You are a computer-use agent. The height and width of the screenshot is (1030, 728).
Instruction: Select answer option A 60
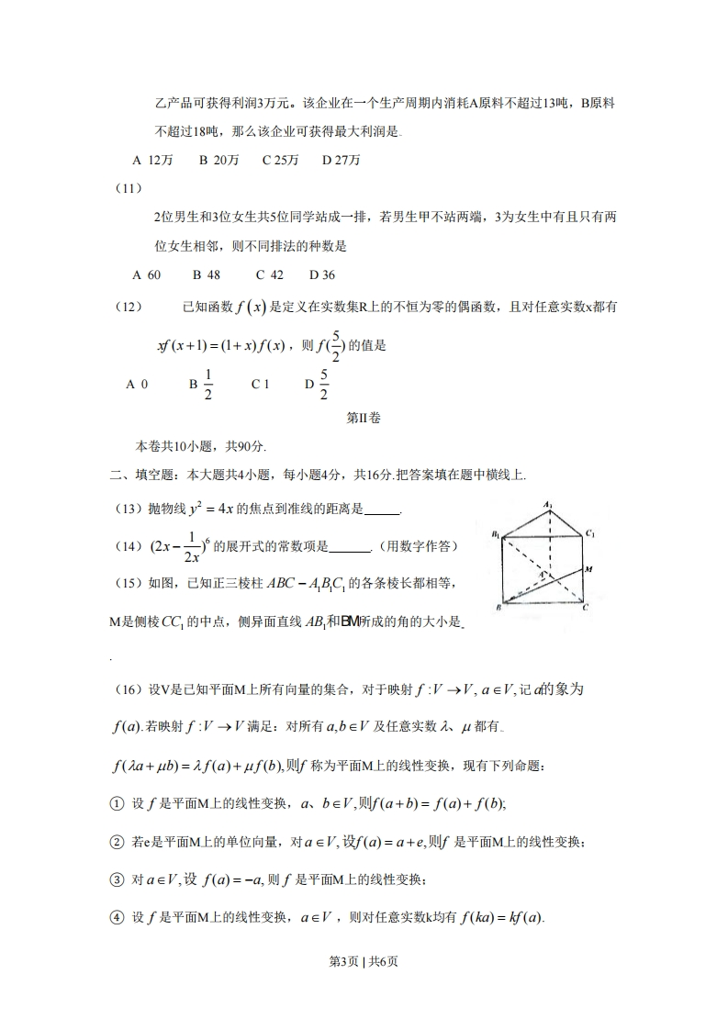(x=146, y=274)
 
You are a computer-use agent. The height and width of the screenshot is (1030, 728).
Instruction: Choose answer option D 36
(x=321, y=274)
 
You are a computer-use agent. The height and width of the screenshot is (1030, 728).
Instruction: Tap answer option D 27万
(x=341, y=160)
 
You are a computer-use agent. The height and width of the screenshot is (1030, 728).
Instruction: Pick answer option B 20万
(x=218, y=160)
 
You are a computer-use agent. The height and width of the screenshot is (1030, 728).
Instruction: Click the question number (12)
(x=127, y=308)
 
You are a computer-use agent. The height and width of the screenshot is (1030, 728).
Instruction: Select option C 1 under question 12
(x=260, y=385)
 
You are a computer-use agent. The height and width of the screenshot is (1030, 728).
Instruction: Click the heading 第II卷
(x=363, y=417)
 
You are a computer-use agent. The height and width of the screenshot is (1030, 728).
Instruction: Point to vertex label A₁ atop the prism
(x=547, y=504)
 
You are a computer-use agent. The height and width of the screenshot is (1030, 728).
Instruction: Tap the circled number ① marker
(x=117, y=803)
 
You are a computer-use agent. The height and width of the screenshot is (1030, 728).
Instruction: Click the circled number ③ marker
(x=117, y=879)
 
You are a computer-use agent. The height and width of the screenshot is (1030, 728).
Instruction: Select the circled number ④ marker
(x=117, y=917)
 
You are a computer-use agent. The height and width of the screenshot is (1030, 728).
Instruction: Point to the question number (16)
(x=127, y=689)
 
